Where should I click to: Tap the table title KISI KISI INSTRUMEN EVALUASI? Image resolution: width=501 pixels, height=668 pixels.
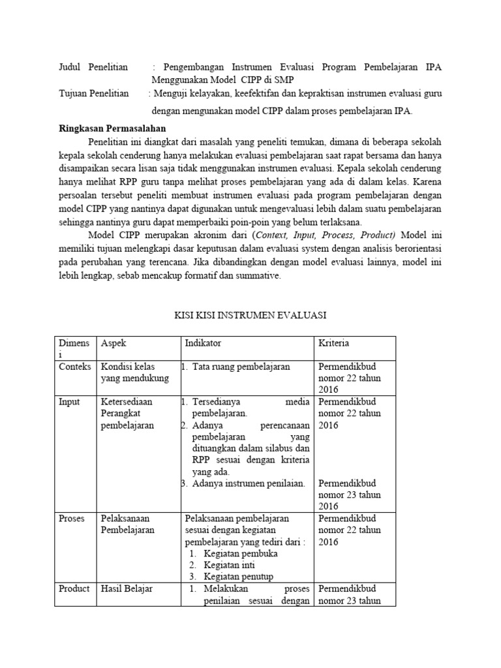(x=250, y=315)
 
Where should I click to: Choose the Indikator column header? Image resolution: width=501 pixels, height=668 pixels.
(x=203, y=342)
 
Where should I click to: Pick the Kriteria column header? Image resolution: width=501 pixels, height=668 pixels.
(x=333, y=342)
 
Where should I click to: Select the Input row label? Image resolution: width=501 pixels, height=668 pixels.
(x=69, y=402)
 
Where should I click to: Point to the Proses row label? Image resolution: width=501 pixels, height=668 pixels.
(x=72, y=518)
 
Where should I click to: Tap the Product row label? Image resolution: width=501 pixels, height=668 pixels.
(x=74, y=588)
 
